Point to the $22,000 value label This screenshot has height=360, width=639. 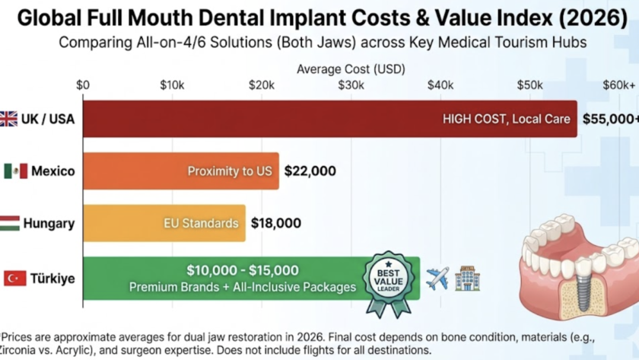[310, 171]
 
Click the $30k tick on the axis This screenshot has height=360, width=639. [351, 85]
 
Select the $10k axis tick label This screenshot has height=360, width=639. [172, 85]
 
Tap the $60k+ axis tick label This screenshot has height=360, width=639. [618, 85]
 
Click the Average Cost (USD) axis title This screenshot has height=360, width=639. [351, 68]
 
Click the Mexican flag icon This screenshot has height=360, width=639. [15, 171]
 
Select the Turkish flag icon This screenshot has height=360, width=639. [15, 279]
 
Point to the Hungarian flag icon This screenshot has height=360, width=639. [9, 223]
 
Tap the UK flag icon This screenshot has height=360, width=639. [8, 119]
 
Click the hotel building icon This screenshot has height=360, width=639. [467, 278]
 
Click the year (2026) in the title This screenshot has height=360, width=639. [590, 17]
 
